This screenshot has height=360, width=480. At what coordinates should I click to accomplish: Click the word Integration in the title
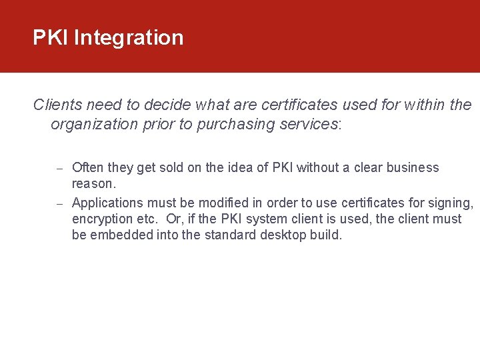[129, 38]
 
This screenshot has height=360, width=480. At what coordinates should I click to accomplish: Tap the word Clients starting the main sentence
[57, 105]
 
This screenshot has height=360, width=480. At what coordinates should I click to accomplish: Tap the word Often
[87, 167]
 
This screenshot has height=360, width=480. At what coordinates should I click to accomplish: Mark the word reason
[93, 183]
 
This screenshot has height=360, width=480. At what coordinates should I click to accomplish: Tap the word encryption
[102, 219]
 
